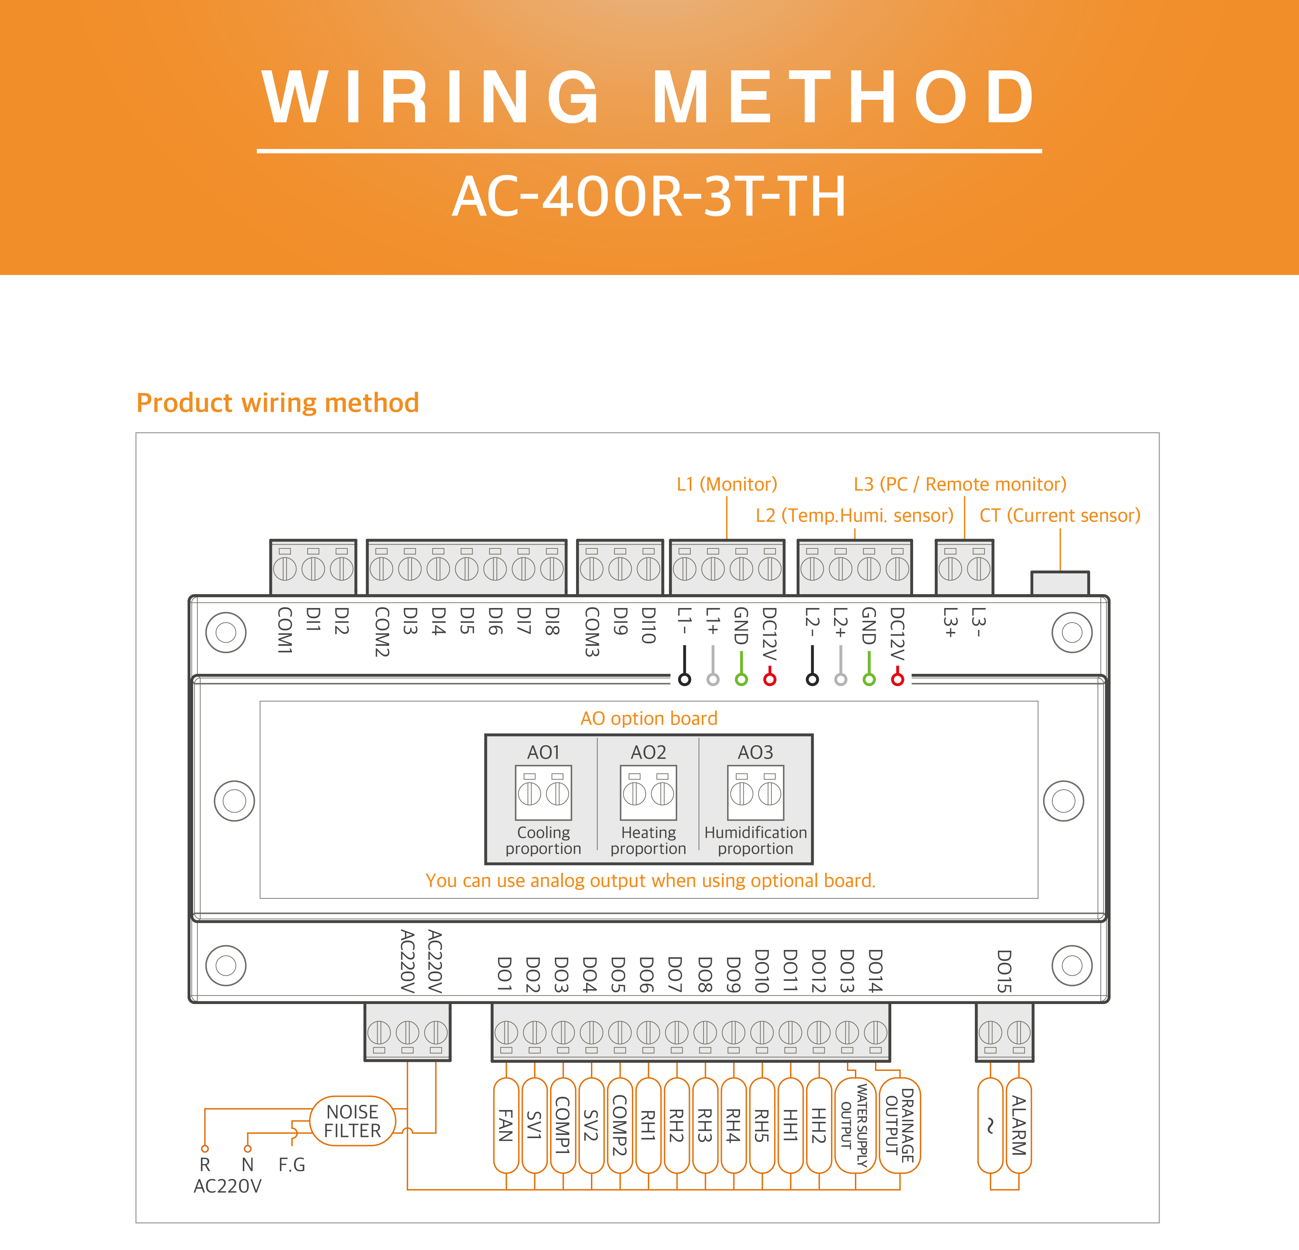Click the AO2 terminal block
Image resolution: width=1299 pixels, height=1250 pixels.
coord(648,793)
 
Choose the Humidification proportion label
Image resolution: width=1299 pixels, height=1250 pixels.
coord(755,840)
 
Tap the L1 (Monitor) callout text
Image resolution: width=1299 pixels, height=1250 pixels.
coord(726,484)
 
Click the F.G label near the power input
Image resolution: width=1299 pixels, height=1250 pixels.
coord(292,1164)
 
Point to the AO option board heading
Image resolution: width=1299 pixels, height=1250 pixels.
coord(649,719)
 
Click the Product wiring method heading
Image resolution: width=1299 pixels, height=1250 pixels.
coord(278,403)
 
